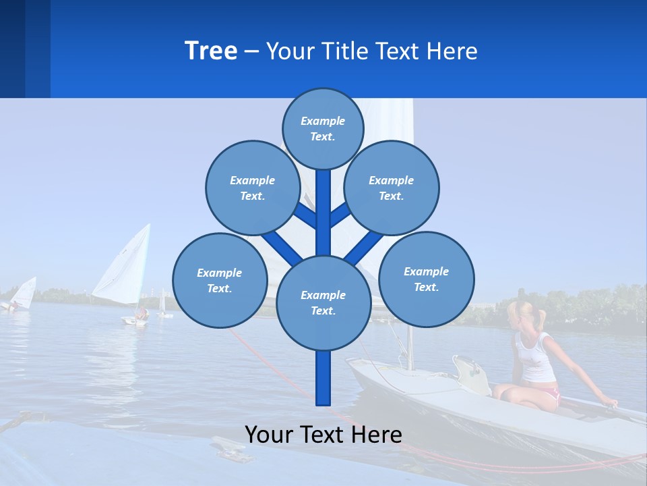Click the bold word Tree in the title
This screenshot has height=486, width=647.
coord(211,51)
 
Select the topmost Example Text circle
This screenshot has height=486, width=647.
coord(323,128)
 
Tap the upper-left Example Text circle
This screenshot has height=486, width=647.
coord(252,188)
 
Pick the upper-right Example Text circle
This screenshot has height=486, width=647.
coord(392,188)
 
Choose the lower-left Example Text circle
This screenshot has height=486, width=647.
coord(219,281)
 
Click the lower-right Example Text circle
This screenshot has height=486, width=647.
coord(426,278)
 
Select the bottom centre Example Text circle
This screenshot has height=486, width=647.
coord(323,303)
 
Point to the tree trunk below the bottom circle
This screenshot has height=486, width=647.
coord(323,378)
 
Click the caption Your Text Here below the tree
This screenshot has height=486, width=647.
coord(323,435)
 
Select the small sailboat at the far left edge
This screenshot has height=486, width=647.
coord(22,295)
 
